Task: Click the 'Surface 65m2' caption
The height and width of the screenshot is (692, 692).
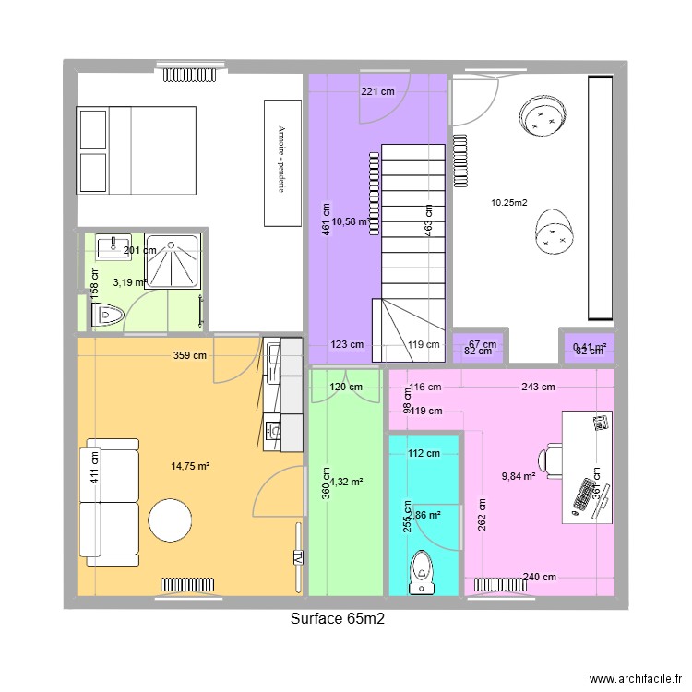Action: (x=337, y=619)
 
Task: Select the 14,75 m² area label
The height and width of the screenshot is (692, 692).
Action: (x=191, y=467)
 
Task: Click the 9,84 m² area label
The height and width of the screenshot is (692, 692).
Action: (x=519, y=476)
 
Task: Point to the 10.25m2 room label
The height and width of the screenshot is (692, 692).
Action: (x=508, y=203)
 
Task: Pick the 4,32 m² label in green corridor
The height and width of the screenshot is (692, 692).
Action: (x=346, y=482)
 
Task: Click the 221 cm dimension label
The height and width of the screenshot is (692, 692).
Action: (x=377, y=91)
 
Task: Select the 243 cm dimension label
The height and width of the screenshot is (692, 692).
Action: (x=537, y=388)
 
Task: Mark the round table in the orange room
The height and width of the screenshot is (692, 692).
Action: (x=170, y=521)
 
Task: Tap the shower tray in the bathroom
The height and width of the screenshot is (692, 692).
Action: (x=174, y=260)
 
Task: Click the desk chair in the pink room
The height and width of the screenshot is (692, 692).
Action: (x=553, y=457)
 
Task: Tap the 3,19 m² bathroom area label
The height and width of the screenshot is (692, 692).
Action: (x=128, y=283)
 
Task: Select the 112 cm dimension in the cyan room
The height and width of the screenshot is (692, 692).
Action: (x=424, y=453)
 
